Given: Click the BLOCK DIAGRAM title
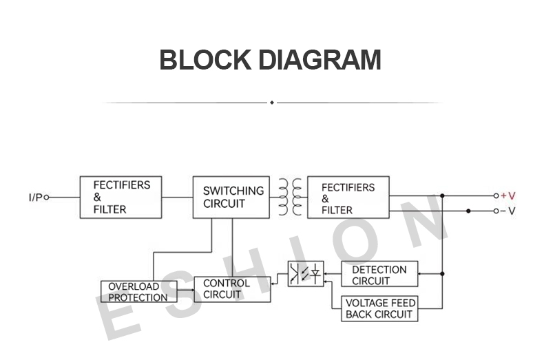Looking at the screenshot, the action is tap(270, 60).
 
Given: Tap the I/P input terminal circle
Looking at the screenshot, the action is tap(47, 198).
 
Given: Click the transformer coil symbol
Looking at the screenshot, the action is tap(290, 197).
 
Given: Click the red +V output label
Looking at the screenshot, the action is tap(508, 196).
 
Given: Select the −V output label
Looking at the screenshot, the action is tap(508, 211).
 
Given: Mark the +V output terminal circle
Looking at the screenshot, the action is tap(496, 196).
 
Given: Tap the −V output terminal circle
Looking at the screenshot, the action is tap(496, 211).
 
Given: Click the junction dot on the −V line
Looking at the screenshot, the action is tap(468, 211).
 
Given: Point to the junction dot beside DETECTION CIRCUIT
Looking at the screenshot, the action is tap(442, 274).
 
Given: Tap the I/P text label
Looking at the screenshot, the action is tap(35, 198).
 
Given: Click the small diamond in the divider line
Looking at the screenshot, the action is tap(272, 103).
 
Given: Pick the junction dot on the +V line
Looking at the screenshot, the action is tap(442, 196).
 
